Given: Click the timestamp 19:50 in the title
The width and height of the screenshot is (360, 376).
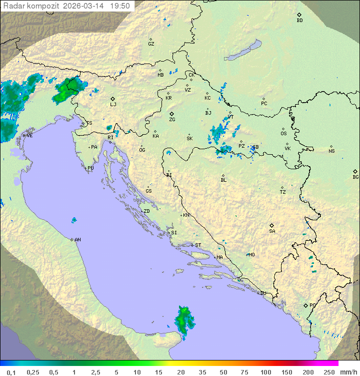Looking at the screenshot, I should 120,6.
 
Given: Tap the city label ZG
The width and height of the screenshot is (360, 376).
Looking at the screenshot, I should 172,120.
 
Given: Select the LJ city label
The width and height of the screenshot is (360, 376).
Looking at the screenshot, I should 113,104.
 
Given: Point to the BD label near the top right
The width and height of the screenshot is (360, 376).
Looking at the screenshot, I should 299,21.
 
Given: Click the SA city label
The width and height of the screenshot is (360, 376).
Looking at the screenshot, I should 272,231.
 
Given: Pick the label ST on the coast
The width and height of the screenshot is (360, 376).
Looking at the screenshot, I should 198,245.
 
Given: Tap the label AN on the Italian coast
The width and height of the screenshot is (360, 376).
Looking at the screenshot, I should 77,240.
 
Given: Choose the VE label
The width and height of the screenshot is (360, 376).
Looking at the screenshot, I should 29,136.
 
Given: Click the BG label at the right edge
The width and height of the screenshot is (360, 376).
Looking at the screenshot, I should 355,177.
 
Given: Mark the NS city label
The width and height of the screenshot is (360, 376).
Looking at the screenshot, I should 331,151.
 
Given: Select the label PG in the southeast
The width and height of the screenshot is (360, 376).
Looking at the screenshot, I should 312,305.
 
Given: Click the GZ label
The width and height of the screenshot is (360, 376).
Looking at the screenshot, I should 151,44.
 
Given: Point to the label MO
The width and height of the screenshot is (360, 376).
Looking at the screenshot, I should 251,254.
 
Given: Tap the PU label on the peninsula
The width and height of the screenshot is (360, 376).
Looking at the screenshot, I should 90,168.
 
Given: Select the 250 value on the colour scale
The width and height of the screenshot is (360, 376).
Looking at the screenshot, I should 328,372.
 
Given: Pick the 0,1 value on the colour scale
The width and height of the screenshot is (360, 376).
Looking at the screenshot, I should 11,372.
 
